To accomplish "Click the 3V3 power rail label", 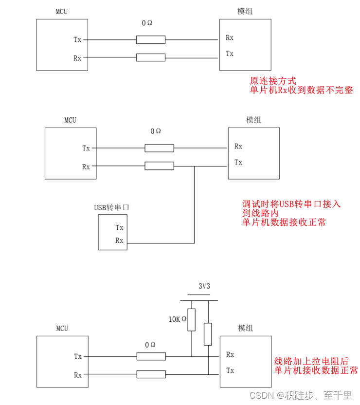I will [204, 287].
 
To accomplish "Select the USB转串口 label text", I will [112, 207].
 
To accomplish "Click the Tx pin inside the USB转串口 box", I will [119, 227].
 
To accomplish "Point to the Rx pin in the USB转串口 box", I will [119, 240].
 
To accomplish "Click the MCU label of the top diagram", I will [62, 12].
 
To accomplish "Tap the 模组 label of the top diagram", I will [245, 12].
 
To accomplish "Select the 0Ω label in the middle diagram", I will [156, 131].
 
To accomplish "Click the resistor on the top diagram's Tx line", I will [150, 40].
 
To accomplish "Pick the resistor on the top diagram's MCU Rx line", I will [150, 57].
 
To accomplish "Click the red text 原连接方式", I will [273, 81].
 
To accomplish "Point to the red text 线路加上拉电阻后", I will [311, 361].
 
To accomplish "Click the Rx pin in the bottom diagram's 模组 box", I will [230, 354].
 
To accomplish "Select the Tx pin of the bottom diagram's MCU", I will [78, 356].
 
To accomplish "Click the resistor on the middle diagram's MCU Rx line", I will [159, 166].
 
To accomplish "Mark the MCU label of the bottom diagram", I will [62, 328].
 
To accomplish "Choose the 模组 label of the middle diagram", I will [253, 120].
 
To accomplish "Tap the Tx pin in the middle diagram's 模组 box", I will [238, 162].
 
